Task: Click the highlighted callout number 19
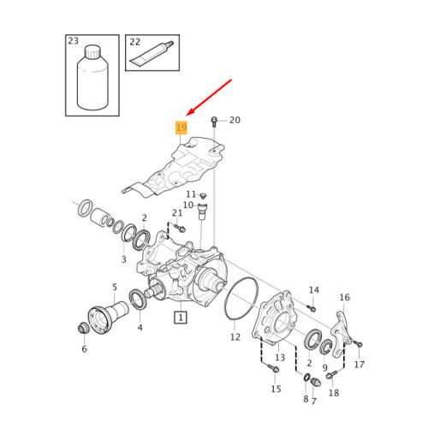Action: (x=181, y=128)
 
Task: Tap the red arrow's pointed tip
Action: (x=186, y=116)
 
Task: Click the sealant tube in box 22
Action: (x=152, y=53)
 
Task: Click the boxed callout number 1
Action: (x=181, y=318)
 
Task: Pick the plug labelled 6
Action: (x=84, y=328)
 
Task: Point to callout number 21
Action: (x=177, y=213)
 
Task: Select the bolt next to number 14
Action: (x=311, y=308)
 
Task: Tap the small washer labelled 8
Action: (x=306, y=377)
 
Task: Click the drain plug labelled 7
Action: (x=315, y=382)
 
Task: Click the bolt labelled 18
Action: (x=331, y=375)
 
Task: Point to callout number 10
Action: (x=188, y=205)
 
